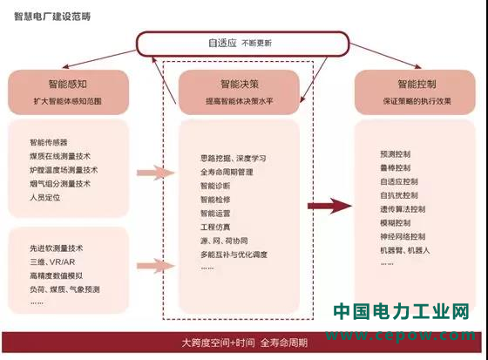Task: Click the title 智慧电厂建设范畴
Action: click(x=52, y=17)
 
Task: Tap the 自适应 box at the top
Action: click(x=242, y=44)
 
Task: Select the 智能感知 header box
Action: click(x=68, y=92)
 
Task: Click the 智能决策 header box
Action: click(x=239, y=92)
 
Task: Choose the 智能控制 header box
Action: click(x=415, y=92)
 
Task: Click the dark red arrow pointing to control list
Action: click(x=329, y=206)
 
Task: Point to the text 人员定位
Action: click(x=44, y=198)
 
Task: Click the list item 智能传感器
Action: click(x=49, y=143)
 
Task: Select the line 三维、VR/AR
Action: click(x=52, y=262)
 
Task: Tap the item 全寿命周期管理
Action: click(x=227, y=172)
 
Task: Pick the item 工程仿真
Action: click(x=215, y=227)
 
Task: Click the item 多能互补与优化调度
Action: click(x=234, y=255)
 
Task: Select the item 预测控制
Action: click(x=396, y=154)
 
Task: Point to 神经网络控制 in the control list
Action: click(x=403, y=237)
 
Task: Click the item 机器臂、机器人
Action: click(x=404, y=250)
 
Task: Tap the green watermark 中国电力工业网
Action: click(x=401, y=311)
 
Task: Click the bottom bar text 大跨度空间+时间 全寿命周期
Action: click(x=245, y=343)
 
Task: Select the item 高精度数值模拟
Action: click(x=57, y=275)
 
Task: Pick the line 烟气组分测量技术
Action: click(x=60, y=184)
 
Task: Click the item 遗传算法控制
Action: click(x=403, y=209)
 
